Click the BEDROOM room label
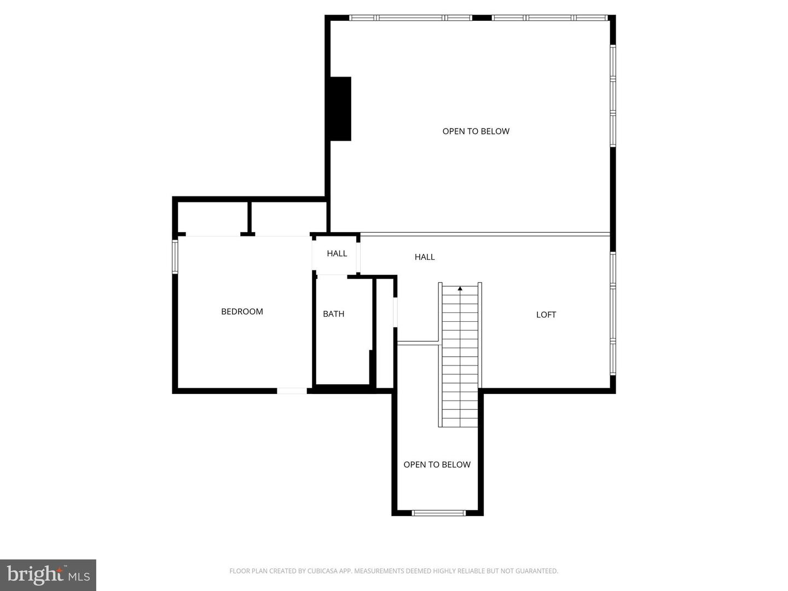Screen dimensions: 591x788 click(x=242, y=311)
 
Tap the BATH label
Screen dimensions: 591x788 click(x=333, y=314)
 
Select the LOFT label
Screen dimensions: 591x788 click(x=546, y=315)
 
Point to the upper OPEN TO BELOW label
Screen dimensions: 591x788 click(x=476, y=131)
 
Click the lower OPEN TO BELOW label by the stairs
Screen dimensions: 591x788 click(x=437, y=465)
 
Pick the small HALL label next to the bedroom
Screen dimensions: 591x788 click(x=337, y=253)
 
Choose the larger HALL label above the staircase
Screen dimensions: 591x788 click(x=425, y=257)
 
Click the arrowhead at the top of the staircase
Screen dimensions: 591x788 click(x=460, y=288)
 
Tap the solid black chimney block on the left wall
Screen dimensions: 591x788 click(x=340, y=108)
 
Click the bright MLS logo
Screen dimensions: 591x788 click(x=48, y=575)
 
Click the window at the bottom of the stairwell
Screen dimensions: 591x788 click(x=438, y=513)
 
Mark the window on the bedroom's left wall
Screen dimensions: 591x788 click(x=175, y=256)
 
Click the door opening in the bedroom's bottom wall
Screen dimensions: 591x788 click(x=292, y=391)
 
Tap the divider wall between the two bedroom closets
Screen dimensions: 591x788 click(x=249, y=217)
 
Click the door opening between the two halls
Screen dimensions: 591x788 click(x=359, y=254)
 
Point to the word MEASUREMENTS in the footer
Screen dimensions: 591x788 click(x=378, y=571)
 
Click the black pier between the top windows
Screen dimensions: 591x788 click(x=482, y=18)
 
